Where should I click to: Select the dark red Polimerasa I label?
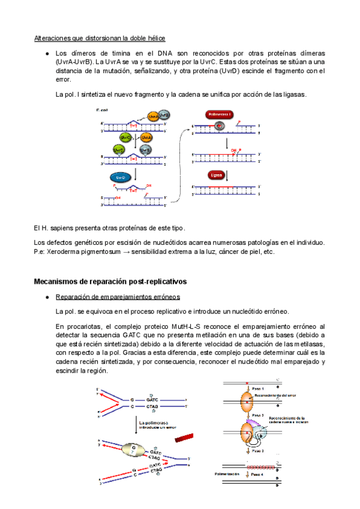(x=218, y=113)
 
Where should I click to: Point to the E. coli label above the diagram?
(x=103, y=110)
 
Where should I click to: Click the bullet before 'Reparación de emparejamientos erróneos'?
(x=47, y=298)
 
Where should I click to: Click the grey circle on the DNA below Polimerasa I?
(x=219, y=125)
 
